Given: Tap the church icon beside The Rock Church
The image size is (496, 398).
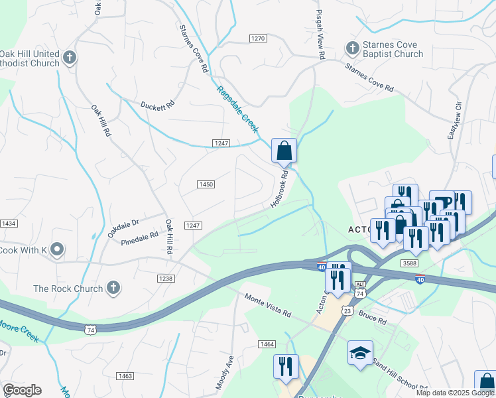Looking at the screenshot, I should pos(113,289).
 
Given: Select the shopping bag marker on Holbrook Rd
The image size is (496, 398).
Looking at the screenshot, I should pos(284,152).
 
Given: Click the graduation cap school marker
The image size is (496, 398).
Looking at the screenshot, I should pos(360,354).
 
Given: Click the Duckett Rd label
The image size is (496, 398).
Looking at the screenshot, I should pos(157,105).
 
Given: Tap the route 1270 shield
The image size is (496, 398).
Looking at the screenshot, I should pos(258,38).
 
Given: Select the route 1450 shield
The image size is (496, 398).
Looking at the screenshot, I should pos(206,184).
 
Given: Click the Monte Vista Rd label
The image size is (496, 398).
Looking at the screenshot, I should pos(268,305).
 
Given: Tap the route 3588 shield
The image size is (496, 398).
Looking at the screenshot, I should pos(410,263).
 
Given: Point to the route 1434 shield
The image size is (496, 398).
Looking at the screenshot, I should pos(8,224).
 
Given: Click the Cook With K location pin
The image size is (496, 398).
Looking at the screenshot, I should pos(57,250).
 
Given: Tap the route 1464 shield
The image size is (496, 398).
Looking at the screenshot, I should pos(267,344).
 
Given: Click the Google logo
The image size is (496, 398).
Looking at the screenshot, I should pos(22,390).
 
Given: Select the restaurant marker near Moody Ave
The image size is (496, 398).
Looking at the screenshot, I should pos(286,367).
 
